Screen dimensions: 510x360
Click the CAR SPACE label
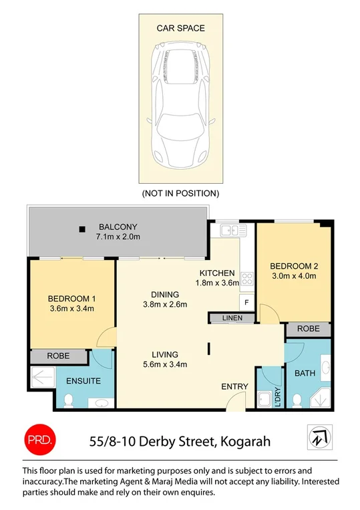(x=180, y=28)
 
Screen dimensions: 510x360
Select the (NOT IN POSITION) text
(x=180, y=193)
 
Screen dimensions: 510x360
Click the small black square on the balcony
(x=81, y=229)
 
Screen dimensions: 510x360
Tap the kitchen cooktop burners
(x=246, y=279)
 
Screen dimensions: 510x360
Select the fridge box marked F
(x=245, y=303)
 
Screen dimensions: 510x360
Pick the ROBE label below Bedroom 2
(x=308, y=330)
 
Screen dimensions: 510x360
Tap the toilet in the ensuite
(x=68, y=400)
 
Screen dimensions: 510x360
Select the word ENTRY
(x=234, y=386)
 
